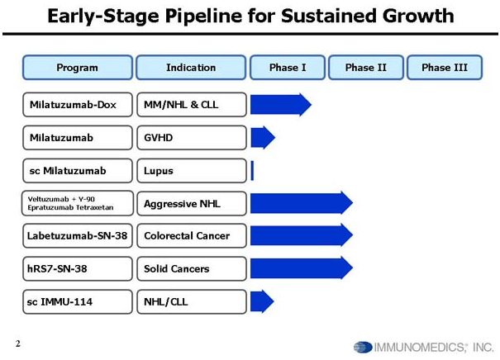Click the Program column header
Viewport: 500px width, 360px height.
(x=78, y=68)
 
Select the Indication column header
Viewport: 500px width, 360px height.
(x=191, y=68)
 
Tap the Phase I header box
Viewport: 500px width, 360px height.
(x=288, y=68)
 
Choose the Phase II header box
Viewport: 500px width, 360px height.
(x=366, y=68)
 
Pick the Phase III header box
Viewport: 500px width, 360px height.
(x=445, y=68)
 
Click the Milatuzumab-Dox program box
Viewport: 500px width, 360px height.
(x=78, y=105)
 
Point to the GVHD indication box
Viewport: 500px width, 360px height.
(x=192, y=138)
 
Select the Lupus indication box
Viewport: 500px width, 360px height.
(x=192, y=171)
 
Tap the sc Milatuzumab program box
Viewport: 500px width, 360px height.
(x=78, y=171)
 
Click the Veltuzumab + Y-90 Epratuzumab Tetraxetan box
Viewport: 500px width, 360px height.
(x=78, y=203)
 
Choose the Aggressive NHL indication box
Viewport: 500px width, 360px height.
(x=192, y=204)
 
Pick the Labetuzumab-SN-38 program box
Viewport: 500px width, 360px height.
(x=78, y=236)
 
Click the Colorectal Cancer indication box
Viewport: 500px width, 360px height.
(x=192, y=236)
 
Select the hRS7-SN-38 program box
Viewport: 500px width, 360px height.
(x=78, y=269)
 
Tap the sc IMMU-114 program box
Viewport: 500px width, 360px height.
(x=78, y=301)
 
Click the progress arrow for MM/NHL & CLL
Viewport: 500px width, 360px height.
(x=281, y=105)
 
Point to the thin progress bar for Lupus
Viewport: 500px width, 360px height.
(x=252, y=171)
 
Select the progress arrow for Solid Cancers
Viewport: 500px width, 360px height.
(x=302, y=268)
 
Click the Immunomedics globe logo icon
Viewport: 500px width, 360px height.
(x=363, y=347)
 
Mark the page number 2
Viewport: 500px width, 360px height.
(x=18, y=343)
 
